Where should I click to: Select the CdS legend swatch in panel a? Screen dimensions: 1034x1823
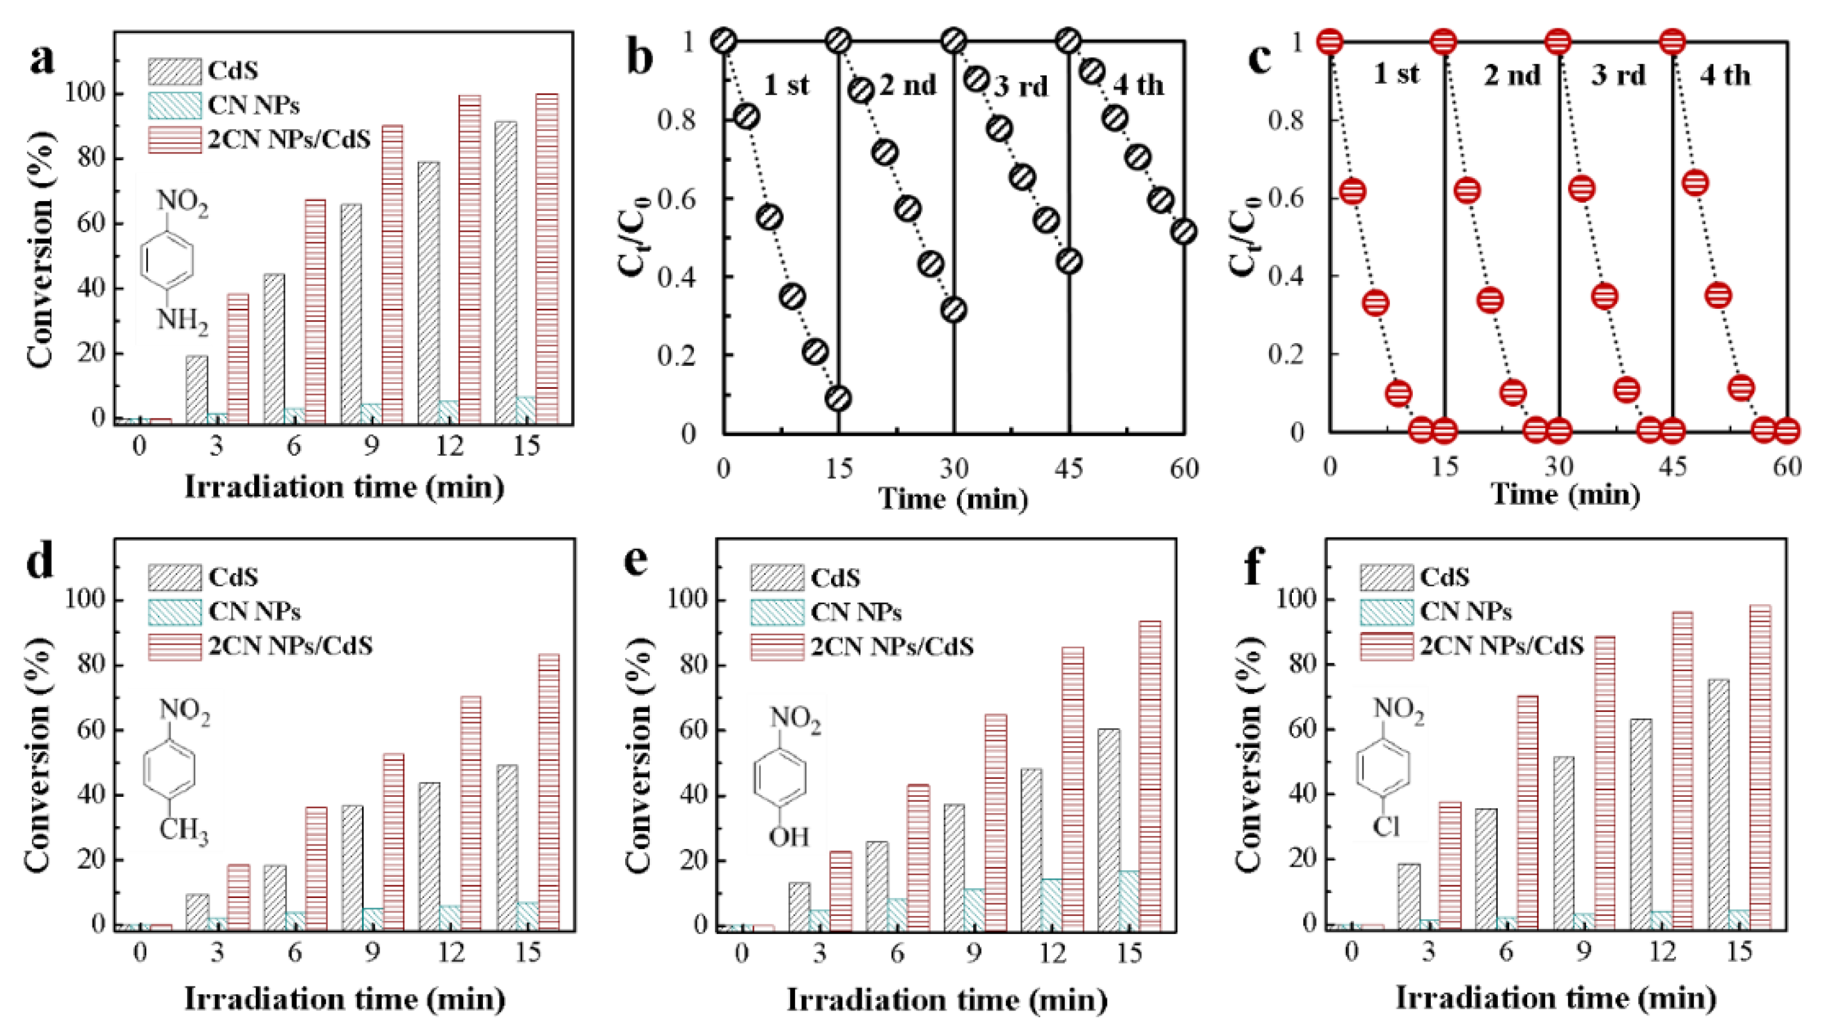[x=174, y=70]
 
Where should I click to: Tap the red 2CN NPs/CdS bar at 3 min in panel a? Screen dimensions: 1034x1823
[x=238, y=359]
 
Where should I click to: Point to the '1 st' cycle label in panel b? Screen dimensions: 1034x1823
[x=786, y=85]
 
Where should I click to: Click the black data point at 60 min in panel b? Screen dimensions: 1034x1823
[x=1183, y=232]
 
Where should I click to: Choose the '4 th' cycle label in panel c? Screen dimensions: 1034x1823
[x=1724, y=75]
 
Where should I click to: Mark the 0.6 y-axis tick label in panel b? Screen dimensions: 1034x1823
[x=676, y=200]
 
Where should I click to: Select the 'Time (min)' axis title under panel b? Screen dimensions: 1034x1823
[x=953, y=498]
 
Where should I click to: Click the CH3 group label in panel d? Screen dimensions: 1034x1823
[x=182, y=830]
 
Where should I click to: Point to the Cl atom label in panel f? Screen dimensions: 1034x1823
[x=1385, y=826]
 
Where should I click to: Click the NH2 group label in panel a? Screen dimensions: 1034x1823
[x=182, y=322]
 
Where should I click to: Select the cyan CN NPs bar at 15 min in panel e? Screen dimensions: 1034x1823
[x=1128, y=900]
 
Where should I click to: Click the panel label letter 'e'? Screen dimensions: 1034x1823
[x=636, y=561]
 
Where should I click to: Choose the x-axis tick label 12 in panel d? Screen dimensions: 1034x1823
[x=450, y=952]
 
